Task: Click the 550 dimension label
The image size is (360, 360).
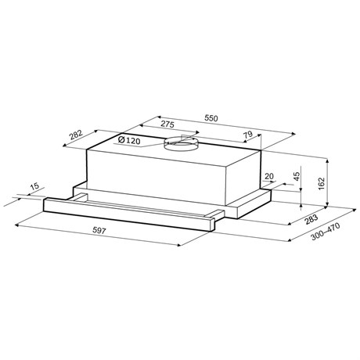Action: click(x=211, y=118)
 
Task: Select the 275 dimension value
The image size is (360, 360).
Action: click(x=167, y=124)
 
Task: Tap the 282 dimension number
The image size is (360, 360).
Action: click(x=76, y=135)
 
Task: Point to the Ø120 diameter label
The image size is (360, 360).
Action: click(x=129, y=140)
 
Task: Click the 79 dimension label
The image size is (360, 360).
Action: click(x=248, y=135)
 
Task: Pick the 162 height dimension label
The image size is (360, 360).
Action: click(x=321, y=183)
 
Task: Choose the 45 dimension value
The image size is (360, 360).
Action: click(x=297, y=176)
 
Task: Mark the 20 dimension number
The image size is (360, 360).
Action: click(x=269, y=176)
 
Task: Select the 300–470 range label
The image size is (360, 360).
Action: click(x=326, y=232)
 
